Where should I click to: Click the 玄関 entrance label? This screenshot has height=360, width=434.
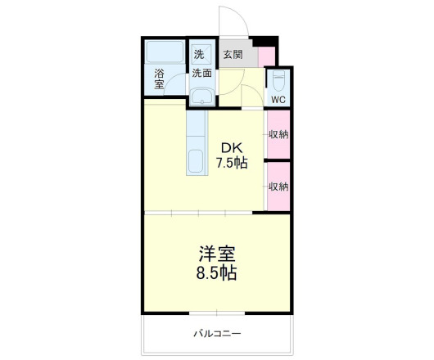[x=232, y=55]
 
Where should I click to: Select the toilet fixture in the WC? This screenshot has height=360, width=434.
[x=278, y=82]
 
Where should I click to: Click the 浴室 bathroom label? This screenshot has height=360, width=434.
[x=159, y=79]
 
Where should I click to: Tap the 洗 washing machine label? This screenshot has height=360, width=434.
[x=199, y=55]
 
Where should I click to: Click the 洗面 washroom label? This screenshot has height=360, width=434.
[x=202, y=72]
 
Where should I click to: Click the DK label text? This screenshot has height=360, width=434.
[x=231, y=147]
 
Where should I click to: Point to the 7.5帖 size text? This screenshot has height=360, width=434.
[x=231, y=163]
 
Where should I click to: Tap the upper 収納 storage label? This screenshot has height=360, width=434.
[x=278, y=133]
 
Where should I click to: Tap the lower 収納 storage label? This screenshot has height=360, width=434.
[x=278, y=187]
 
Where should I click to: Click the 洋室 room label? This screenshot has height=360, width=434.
[x=216, y=254]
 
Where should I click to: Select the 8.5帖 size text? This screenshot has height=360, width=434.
[x=216, y=273]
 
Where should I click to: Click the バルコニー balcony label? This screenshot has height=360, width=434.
[x=217, y=334]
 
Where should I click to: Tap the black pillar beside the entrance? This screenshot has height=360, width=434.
[x=262, y=41]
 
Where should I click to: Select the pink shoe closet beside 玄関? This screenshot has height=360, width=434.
[x=265, y=56]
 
